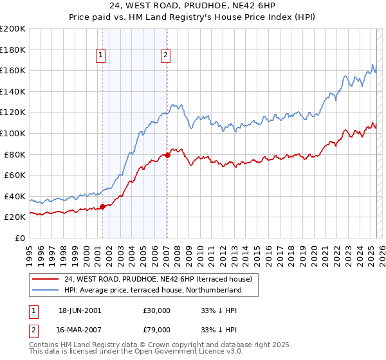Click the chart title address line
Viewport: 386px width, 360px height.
192,7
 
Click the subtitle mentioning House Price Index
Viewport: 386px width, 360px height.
192,18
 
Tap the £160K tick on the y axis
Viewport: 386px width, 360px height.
13,70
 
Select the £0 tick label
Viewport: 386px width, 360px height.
19,238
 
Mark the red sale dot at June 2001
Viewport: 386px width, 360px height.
102,206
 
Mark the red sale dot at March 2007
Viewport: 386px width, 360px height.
167,155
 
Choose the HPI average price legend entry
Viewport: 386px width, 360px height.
152,290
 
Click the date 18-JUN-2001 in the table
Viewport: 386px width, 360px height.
80,310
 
